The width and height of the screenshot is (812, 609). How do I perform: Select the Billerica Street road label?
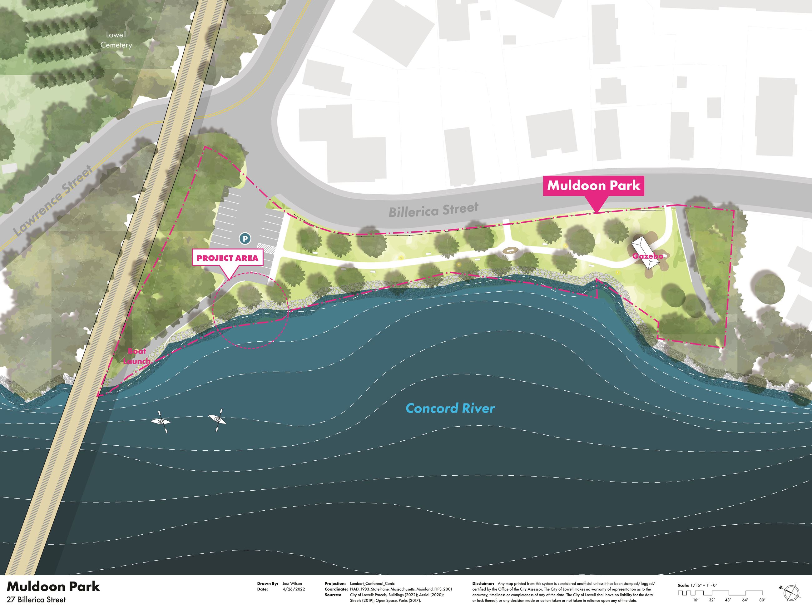tap(433, 210)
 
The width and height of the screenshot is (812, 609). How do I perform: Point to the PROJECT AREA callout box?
tap(227, 258)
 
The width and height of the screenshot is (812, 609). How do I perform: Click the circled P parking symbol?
tap(245, 239)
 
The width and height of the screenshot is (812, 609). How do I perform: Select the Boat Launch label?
tap(137, 356)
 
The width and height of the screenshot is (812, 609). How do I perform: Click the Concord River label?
tap(450, 408)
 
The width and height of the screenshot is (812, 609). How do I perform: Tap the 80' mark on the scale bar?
tap(762, 600)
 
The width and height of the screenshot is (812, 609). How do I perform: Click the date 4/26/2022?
tap(294, 589)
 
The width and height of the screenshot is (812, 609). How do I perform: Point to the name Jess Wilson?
tap(292, 583)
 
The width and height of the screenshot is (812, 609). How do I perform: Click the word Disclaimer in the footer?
tap(483, 583)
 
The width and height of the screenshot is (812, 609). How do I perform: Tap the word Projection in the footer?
tap(335, 583)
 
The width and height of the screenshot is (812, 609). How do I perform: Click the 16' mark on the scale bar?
tap(695, 600)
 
